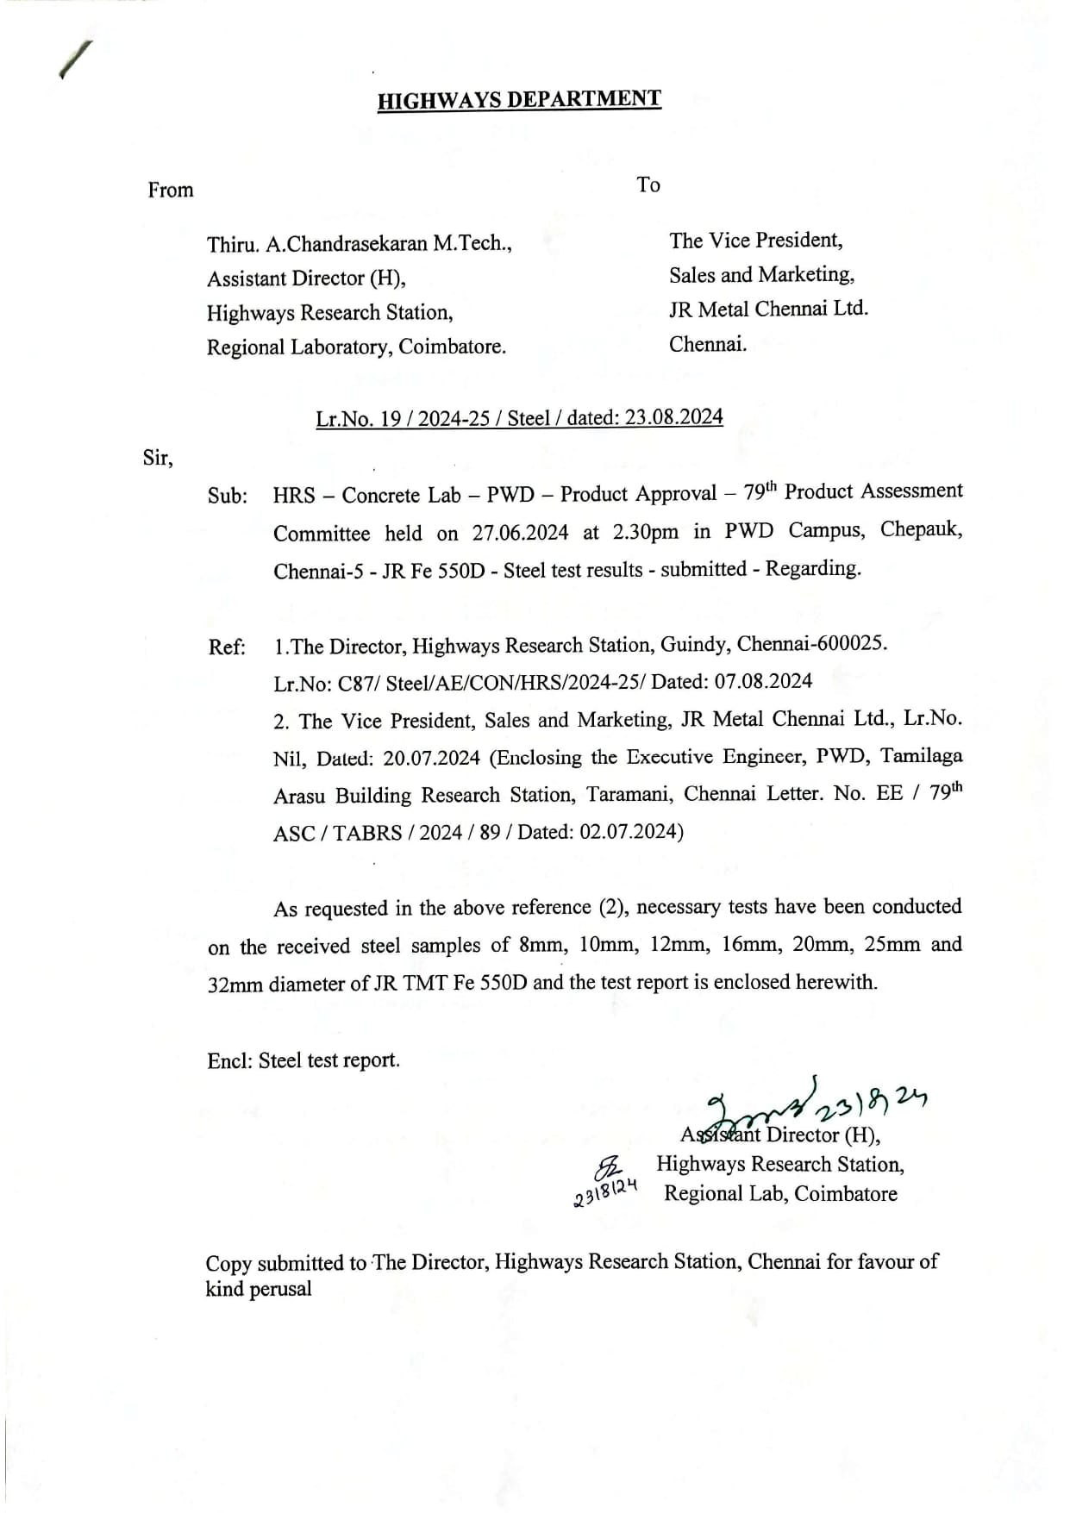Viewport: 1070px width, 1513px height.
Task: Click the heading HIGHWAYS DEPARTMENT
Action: [519, 100]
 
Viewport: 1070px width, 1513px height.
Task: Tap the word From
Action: [171, 191]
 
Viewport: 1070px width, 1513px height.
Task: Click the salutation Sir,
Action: [158, 459]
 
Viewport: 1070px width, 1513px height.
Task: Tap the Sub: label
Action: [228, 497]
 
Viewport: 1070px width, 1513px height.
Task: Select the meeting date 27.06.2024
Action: [520, 534]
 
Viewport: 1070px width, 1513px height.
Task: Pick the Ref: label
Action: [227, 647]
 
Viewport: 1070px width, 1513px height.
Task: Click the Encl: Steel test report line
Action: [303, 1060]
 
